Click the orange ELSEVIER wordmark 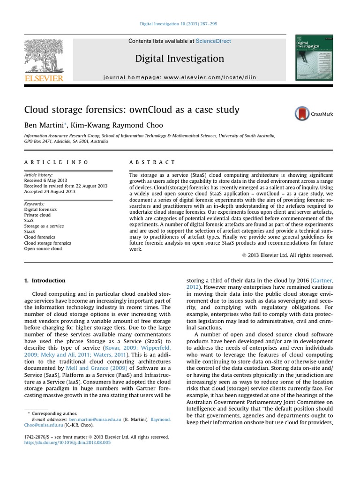pos(44,78)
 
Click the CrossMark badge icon pos(303,113)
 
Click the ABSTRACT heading pos(152,162)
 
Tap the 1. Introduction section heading pos(45,280)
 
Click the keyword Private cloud pos(37,215)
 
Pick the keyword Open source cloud pos(43,249)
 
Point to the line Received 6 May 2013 pos(45,180)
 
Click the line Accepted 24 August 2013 pos(50,192)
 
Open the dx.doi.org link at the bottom pos(67,442)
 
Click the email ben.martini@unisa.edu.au pos(95,420)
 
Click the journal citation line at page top pos(179,24)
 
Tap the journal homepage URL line pos(180,77)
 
